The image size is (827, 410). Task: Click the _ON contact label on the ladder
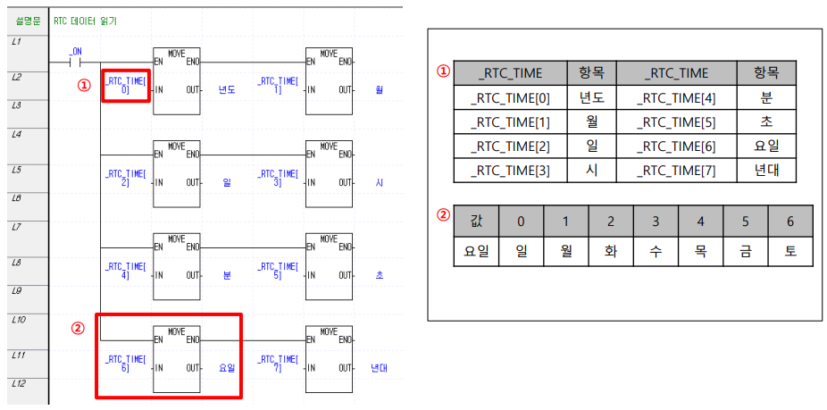[x=76, y=52]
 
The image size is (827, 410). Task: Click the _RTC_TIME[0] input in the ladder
[x=125, y=85]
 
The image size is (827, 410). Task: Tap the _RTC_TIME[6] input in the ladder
[x=124, y=363]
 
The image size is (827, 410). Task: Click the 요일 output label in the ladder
[x=229, y=367]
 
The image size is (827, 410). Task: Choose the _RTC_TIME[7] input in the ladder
[x=278, y=363]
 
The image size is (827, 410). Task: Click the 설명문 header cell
[x=28, y=20]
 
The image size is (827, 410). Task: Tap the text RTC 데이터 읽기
[x=85, y=20]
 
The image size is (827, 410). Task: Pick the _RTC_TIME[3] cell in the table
[x=510, y=170]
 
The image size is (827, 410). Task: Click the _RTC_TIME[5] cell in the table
[x=675, y=121]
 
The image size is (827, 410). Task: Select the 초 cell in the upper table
[x=765, y=121]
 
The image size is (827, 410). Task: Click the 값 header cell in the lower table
[x=476, y=220]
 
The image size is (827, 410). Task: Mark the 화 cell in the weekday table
[x=610, y=251]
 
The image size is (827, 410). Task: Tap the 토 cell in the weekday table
[x=789, y=251]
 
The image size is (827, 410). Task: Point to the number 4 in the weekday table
[x=699, y=220]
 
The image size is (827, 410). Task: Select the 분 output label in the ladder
[x=229, y=275]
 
